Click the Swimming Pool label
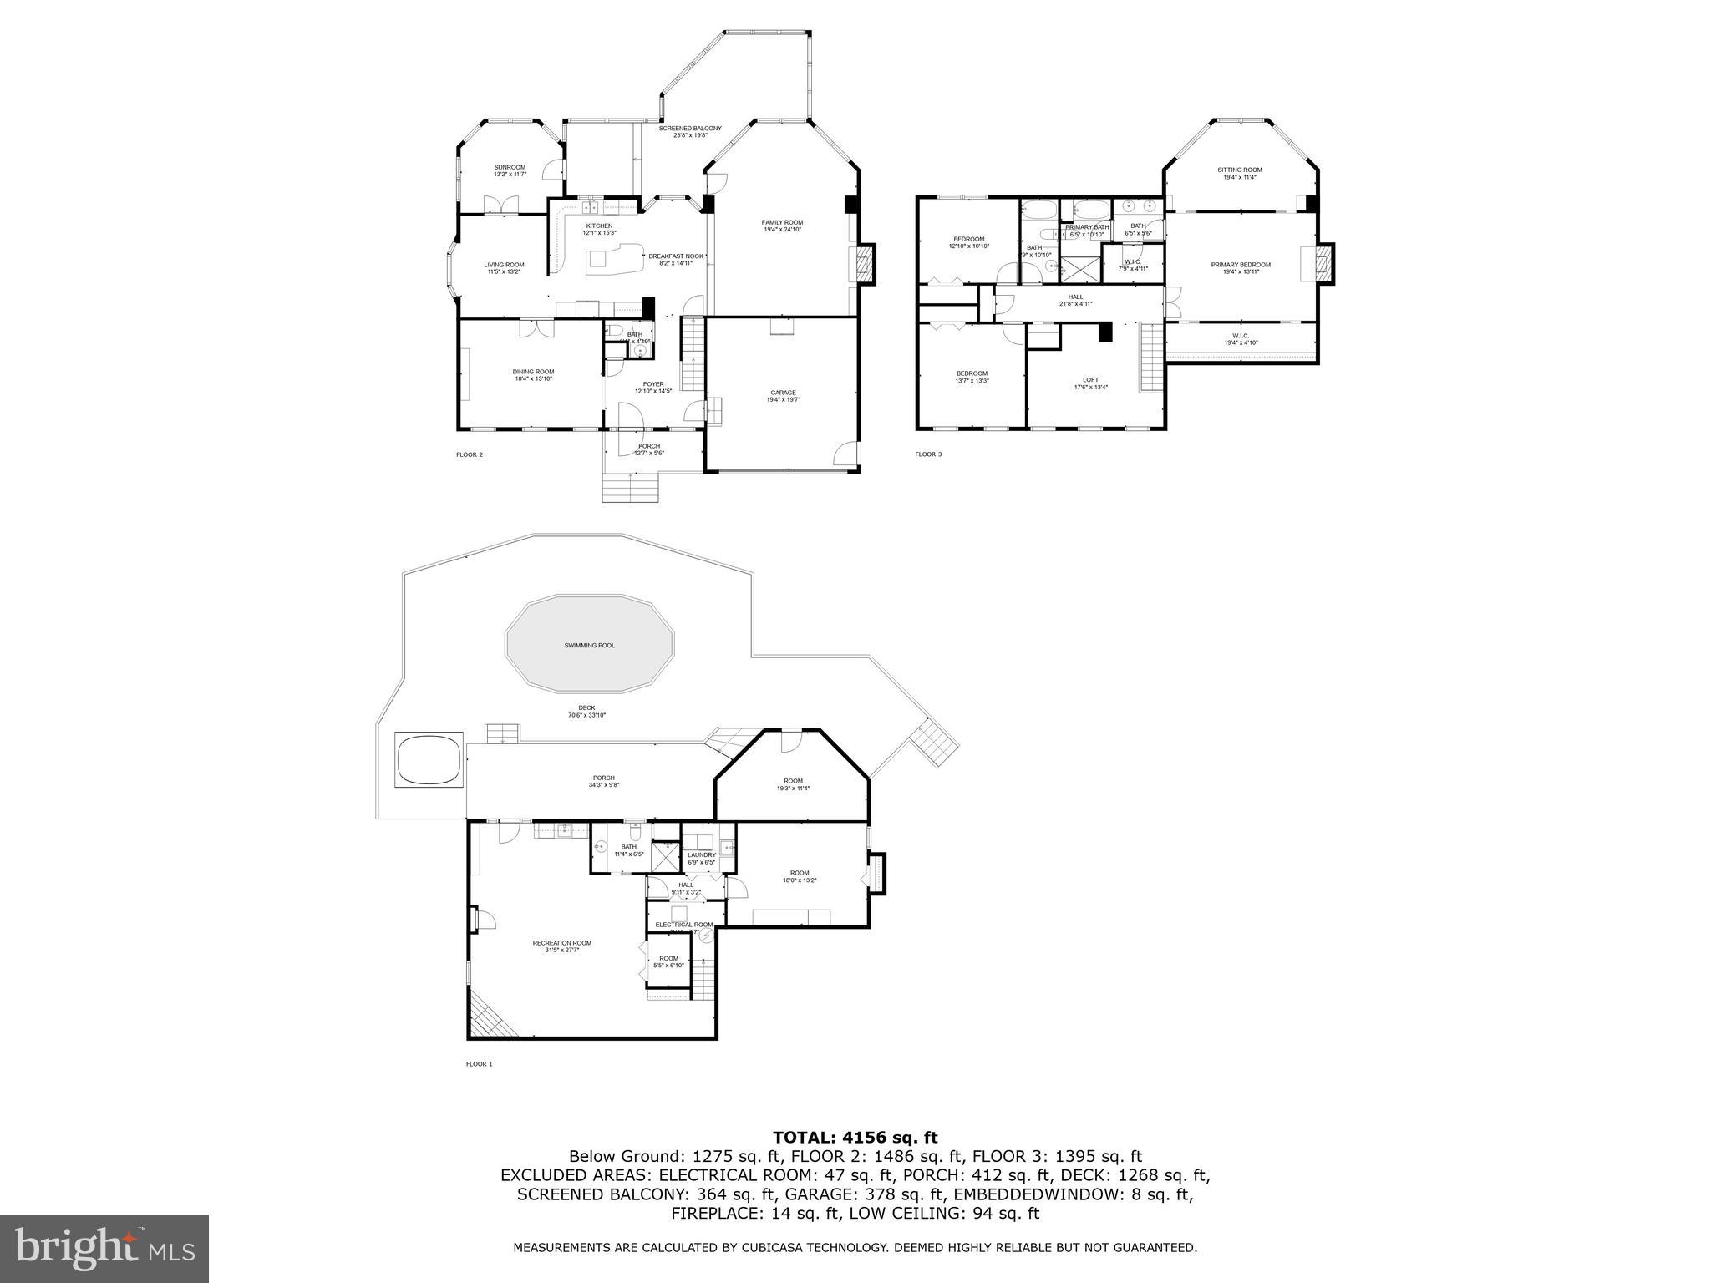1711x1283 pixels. pos(589,646)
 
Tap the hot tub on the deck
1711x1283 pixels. pos(429,759)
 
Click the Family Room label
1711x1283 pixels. pos(782,226)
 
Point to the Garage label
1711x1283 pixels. pos(783,396)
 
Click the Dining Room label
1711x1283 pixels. pos(533,375)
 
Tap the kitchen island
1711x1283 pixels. pos(617,261)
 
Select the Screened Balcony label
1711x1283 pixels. pos(689,131)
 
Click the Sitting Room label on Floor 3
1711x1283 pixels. pos(1239,173)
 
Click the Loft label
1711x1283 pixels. pos(1091,383)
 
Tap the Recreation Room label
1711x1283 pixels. pos(561,946)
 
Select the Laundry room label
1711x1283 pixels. pos(701,858)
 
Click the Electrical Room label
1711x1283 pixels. pos(683,925)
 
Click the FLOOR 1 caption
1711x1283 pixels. pos(479,1064)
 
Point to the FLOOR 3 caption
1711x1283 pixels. pos(927,454)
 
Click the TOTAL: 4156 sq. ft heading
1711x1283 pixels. pos(855,1137)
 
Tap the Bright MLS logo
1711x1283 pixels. pos(104,1249)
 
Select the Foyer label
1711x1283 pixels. pos(652,388)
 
